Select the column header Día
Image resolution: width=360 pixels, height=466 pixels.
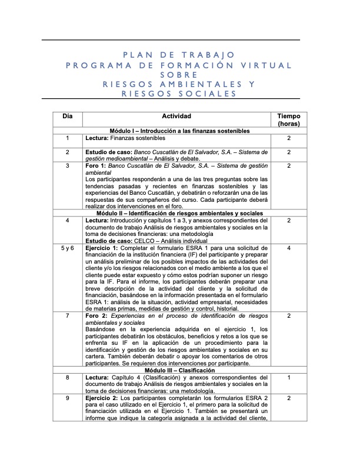(68, 116)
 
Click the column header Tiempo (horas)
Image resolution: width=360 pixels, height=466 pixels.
(289, 120)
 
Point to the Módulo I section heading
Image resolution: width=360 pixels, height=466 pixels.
(180, 131)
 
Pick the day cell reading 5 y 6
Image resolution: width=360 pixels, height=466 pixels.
(68, 249)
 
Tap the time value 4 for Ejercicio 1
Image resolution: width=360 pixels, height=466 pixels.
(289, 249)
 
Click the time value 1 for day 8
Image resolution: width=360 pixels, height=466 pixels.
(289, 378)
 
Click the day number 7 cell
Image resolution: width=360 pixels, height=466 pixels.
(68, 316)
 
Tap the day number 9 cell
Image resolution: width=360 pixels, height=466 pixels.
(68, 398)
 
